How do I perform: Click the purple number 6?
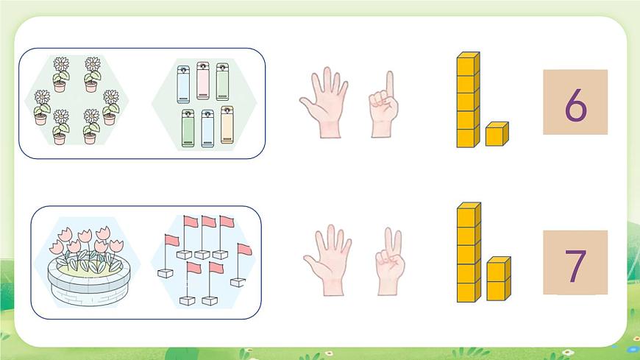(x=575, y=105)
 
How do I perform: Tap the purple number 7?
(x=575, y=266)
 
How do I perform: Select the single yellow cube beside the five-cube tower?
(x=497, y=134)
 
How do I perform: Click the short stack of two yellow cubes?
(x=498, y=279)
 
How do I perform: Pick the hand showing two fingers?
(x=390, y=261)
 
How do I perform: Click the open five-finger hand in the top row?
(x=325, y=102)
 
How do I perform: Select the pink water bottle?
(x=203, y=81)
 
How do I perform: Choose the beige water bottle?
(x=227, y=125)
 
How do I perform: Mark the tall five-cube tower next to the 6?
(x=468, y=99)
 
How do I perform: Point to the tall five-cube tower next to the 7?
(x=469, y=252)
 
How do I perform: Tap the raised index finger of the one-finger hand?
(x=390, y=84)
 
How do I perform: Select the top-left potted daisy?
(x=61, y=74)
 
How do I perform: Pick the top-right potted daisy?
(x=92, y=74)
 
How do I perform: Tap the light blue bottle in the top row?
(x=183, y=85)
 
